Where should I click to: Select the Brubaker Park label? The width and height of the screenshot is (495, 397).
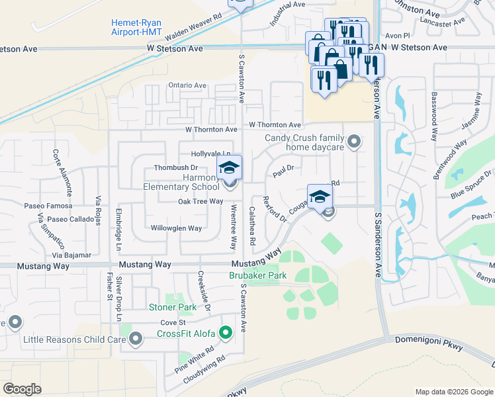click(x=257, y=275)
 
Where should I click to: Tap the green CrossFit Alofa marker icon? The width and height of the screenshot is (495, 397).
click(x=226, y=333)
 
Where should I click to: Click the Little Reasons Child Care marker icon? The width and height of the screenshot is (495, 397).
click(x=136, y=339)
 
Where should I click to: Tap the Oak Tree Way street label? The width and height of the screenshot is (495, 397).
click(x=201, y=201)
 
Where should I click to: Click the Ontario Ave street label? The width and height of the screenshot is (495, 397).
click(x=187, y=85)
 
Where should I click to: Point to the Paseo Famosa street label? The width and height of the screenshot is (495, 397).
click(x=48, y=206)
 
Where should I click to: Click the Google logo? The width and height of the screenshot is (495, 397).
click(x=22, y=388)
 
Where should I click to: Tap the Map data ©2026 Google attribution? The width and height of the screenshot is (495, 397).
click(x=453, y=392)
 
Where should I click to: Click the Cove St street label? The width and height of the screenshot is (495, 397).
click(x=171, y=322)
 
